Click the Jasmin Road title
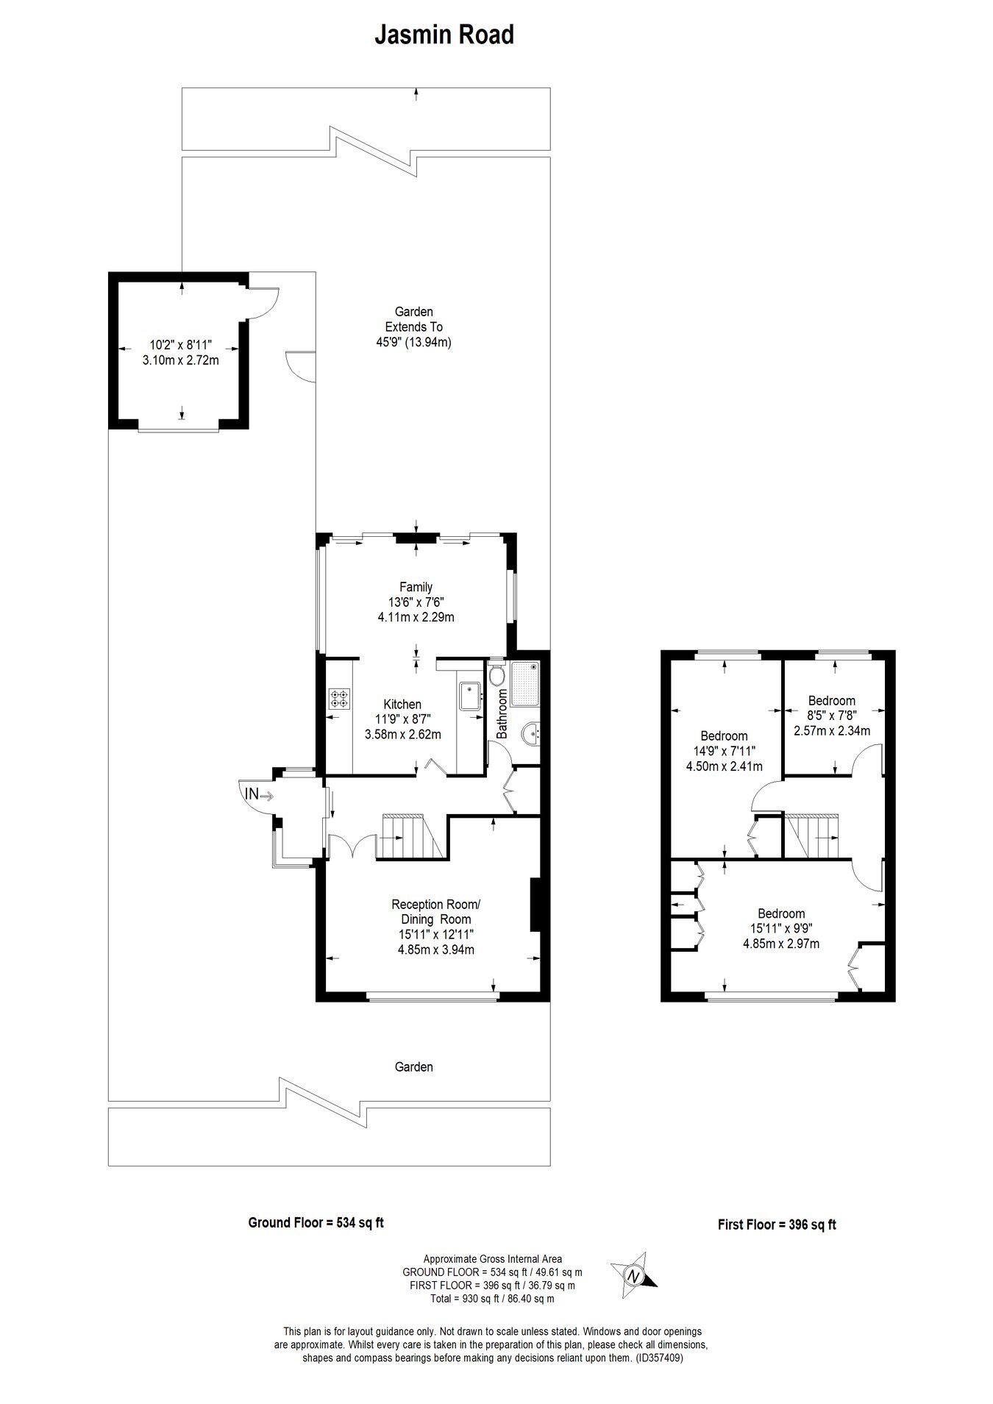(444, 35)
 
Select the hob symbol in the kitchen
(339, 698)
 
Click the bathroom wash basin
(532, 733)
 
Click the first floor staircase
(811, 835)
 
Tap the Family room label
(416, 587)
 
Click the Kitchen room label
(402, 705)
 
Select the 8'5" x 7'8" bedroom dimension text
(831, 716)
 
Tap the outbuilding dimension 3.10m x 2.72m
(181, 361)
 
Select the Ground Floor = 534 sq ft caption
(316, 1223)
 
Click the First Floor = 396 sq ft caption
(777, 1225)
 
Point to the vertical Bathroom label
(502, 713)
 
